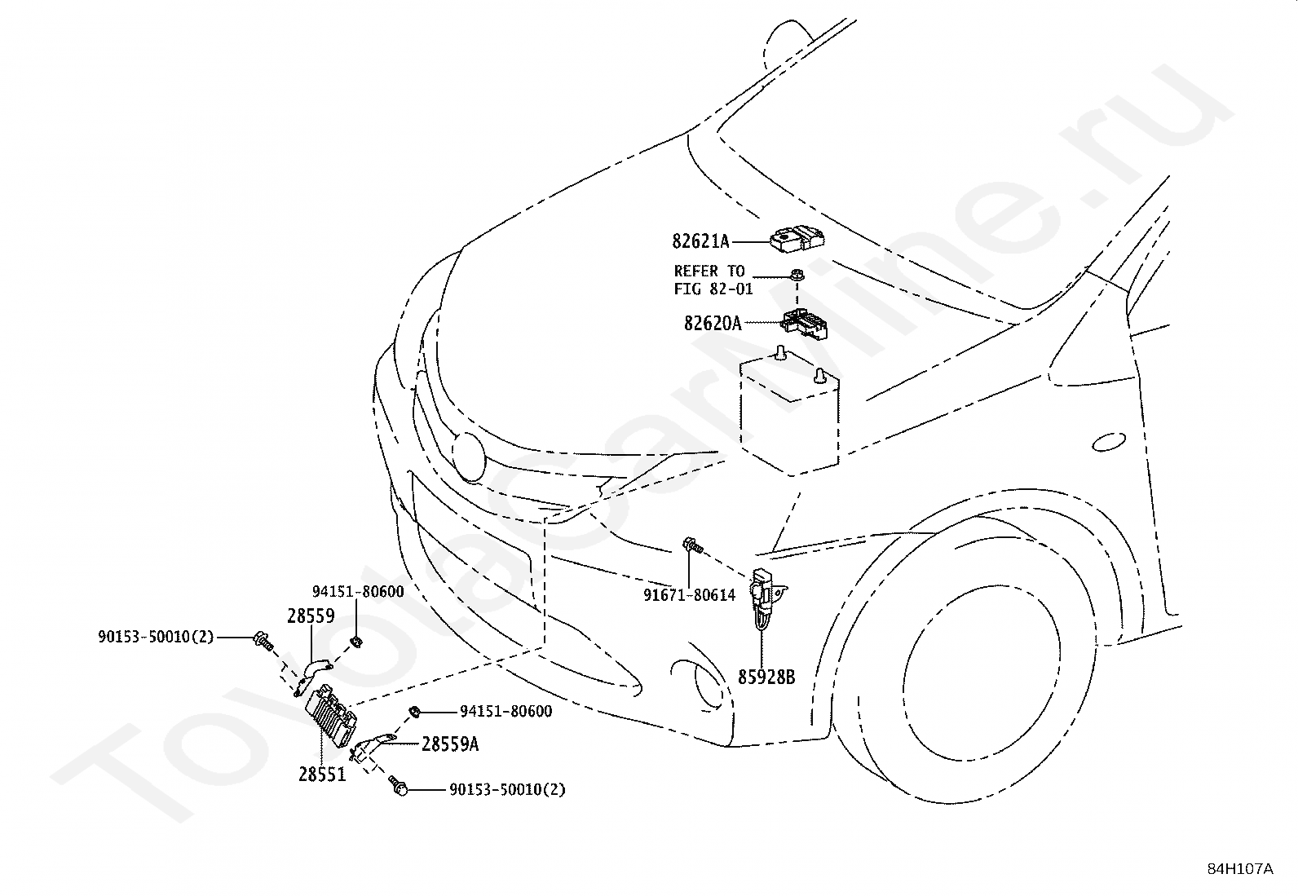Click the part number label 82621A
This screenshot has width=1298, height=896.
pyautogui.click(x=700, y=241)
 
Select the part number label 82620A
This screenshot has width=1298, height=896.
pyautogui.click(x=712, y=324)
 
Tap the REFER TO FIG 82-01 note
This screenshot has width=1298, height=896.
pyautogui.click(x=713, y=280)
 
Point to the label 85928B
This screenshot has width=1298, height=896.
pyautogui.click(x=766, y=677)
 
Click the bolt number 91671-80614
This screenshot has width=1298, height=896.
pyautogui.click(x=689, y=594)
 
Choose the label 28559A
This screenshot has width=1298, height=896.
pyautogui.click(x=450, y=744)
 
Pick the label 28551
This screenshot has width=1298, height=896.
pyautogui.click(x=322, y=775)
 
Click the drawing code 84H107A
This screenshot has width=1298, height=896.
pyautogui.click(x=1240, y=869)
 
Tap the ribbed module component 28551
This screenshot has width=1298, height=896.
pyautogui.click(x=330, y=717)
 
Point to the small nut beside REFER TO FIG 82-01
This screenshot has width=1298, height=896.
pyautogui.click(x=797, y=276)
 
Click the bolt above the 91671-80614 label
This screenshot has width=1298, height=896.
pyautogui.click(x=692, y=545)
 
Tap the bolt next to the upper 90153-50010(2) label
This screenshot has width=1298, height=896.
pyautogui.click(x=263, y=641)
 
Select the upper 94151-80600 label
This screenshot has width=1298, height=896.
pyautogui.click(x=358, y=592)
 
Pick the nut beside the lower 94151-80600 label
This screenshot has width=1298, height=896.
pyautogui.click(x=414, y=711)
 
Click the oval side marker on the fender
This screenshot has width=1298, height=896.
pyautogui.click(x=1109, y=442)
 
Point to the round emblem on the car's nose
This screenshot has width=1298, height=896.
pyautogui.click(x=469, y=457)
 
